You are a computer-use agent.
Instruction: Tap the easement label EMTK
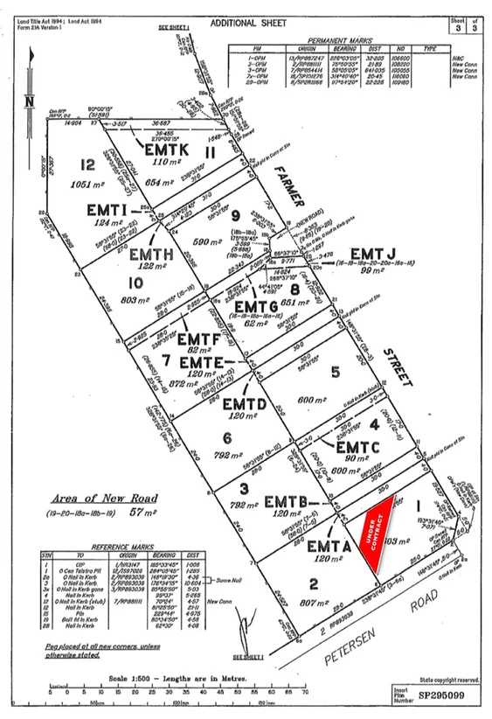pos(163,150)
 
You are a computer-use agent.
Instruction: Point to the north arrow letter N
pos(28,101)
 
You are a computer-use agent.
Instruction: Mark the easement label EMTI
pos(108,211)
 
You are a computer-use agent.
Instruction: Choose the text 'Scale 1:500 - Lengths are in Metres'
pos(167,679)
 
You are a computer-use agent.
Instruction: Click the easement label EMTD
pos(244,404)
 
